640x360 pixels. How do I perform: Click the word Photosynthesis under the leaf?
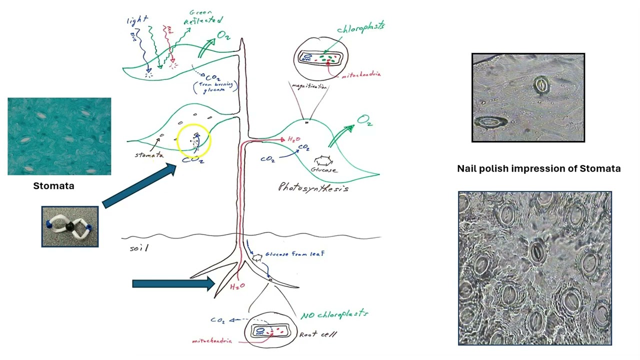click(x=313, y=187)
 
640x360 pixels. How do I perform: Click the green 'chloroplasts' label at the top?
click(x=360, y=27)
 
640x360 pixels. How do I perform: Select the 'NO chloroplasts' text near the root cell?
click(x=334, y=314)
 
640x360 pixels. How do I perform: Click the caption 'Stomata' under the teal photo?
click(x=53, y=186)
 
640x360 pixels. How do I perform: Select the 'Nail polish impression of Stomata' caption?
click(x=538, y=168)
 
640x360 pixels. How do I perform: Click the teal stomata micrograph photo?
click(x=59, y=136)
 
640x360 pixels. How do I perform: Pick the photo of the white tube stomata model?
click(x=70, y=226)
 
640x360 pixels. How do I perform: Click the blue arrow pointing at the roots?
click(x=173, y=283)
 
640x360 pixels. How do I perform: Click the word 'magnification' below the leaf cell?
click(x=309, y=86)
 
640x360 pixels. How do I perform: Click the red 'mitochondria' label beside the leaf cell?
click(x=360, y=75)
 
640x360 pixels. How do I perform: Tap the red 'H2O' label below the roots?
click(x=237, y=286)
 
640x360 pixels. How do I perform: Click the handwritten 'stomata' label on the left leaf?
click(x=148, y=155)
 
